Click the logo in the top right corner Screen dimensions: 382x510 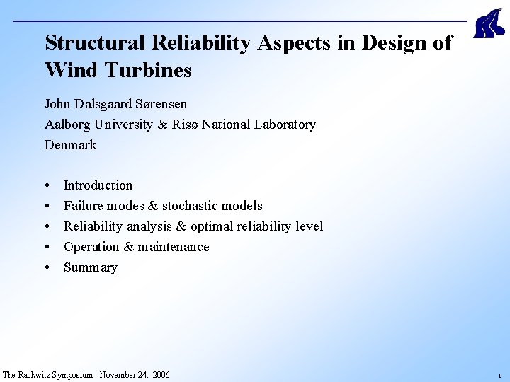488,25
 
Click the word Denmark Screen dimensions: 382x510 70,145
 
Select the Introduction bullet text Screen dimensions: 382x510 98,185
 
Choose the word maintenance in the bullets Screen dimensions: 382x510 174,247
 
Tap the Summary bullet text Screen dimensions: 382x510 90,267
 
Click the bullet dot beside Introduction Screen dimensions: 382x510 47,186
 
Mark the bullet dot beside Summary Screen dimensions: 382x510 47,268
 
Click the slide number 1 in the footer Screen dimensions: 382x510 499,376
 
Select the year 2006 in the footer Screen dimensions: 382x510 160,375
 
